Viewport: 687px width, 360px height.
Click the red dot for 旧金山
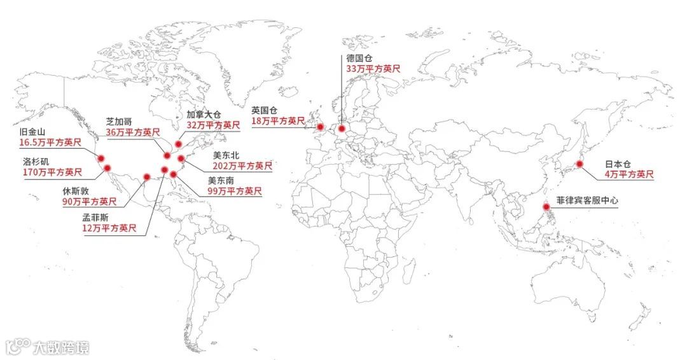coord(101,158)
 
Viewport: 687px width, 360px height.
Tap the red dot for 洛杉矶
coord(108,169)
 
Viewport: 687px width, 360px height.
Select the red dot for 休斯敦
coord(146,177)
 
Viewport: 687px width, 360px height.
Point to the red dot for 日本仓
coord(579,164)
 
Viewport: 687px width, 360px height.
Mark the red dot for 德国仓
coord(342,128)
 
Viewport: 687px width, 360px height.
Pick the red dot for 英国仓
coord(320,127)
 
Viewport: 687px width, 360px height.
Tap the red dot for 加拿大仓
coord(179,144)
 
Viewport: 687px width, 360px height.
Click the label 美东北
coord(226,155)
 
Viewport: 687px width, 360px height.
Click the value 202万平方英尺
coord(242,166)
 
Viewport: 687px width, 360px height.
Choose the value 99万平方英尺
coord(235,191)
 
